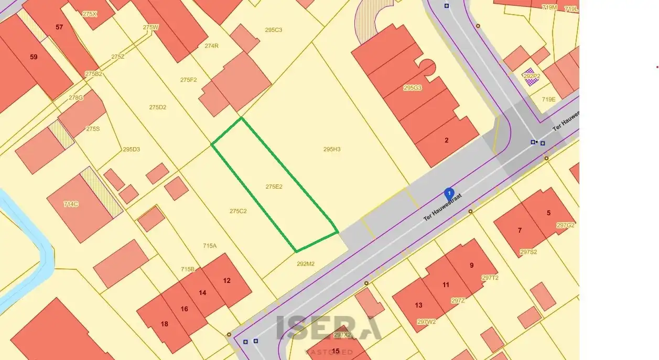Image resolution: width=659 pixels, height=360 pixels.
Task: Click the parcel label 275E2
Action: (274, 187)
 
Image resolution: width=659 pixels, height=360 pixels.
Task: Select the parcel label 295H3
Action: (332, 149)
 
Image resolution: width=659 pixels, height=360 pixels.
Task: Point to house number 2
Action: (447, 140)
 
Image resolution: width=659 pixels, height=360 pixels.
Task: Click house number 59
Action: (34, 57)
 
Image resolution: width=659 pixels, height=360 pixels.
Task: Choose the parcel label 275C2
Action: (238, 211)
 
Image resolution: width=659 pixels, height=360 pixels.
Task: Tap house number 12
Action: (226, 281)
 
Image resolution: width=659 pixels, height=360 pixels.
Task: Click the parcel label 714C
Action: (71, 204)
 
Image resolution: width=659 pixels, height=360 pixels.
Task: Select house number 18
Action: (165, 324)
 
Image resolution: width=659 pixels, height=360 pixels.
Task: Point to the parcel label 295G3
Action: (413, 88)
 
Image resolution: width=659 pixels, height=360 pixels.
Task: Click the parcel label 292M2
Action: (306, 264)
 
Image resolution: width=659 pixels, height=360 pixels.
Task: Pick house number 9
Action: (471, 265)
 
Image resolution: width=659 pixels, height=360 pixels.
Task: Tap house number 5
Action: (548, 213)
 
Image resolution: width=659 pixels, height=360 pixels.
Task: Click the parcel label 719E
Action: (548, 99)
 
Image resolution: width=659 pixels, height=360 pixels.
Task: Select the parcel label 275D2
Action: (157, 107)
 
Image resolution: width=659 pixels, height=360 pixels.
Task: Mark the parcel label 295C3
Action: (273, 30)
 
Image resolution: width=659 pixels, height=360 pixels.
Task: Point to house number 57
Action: (59, 27)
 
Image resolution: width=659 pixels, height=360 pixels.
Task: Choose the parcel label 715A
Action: (210, 245)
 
